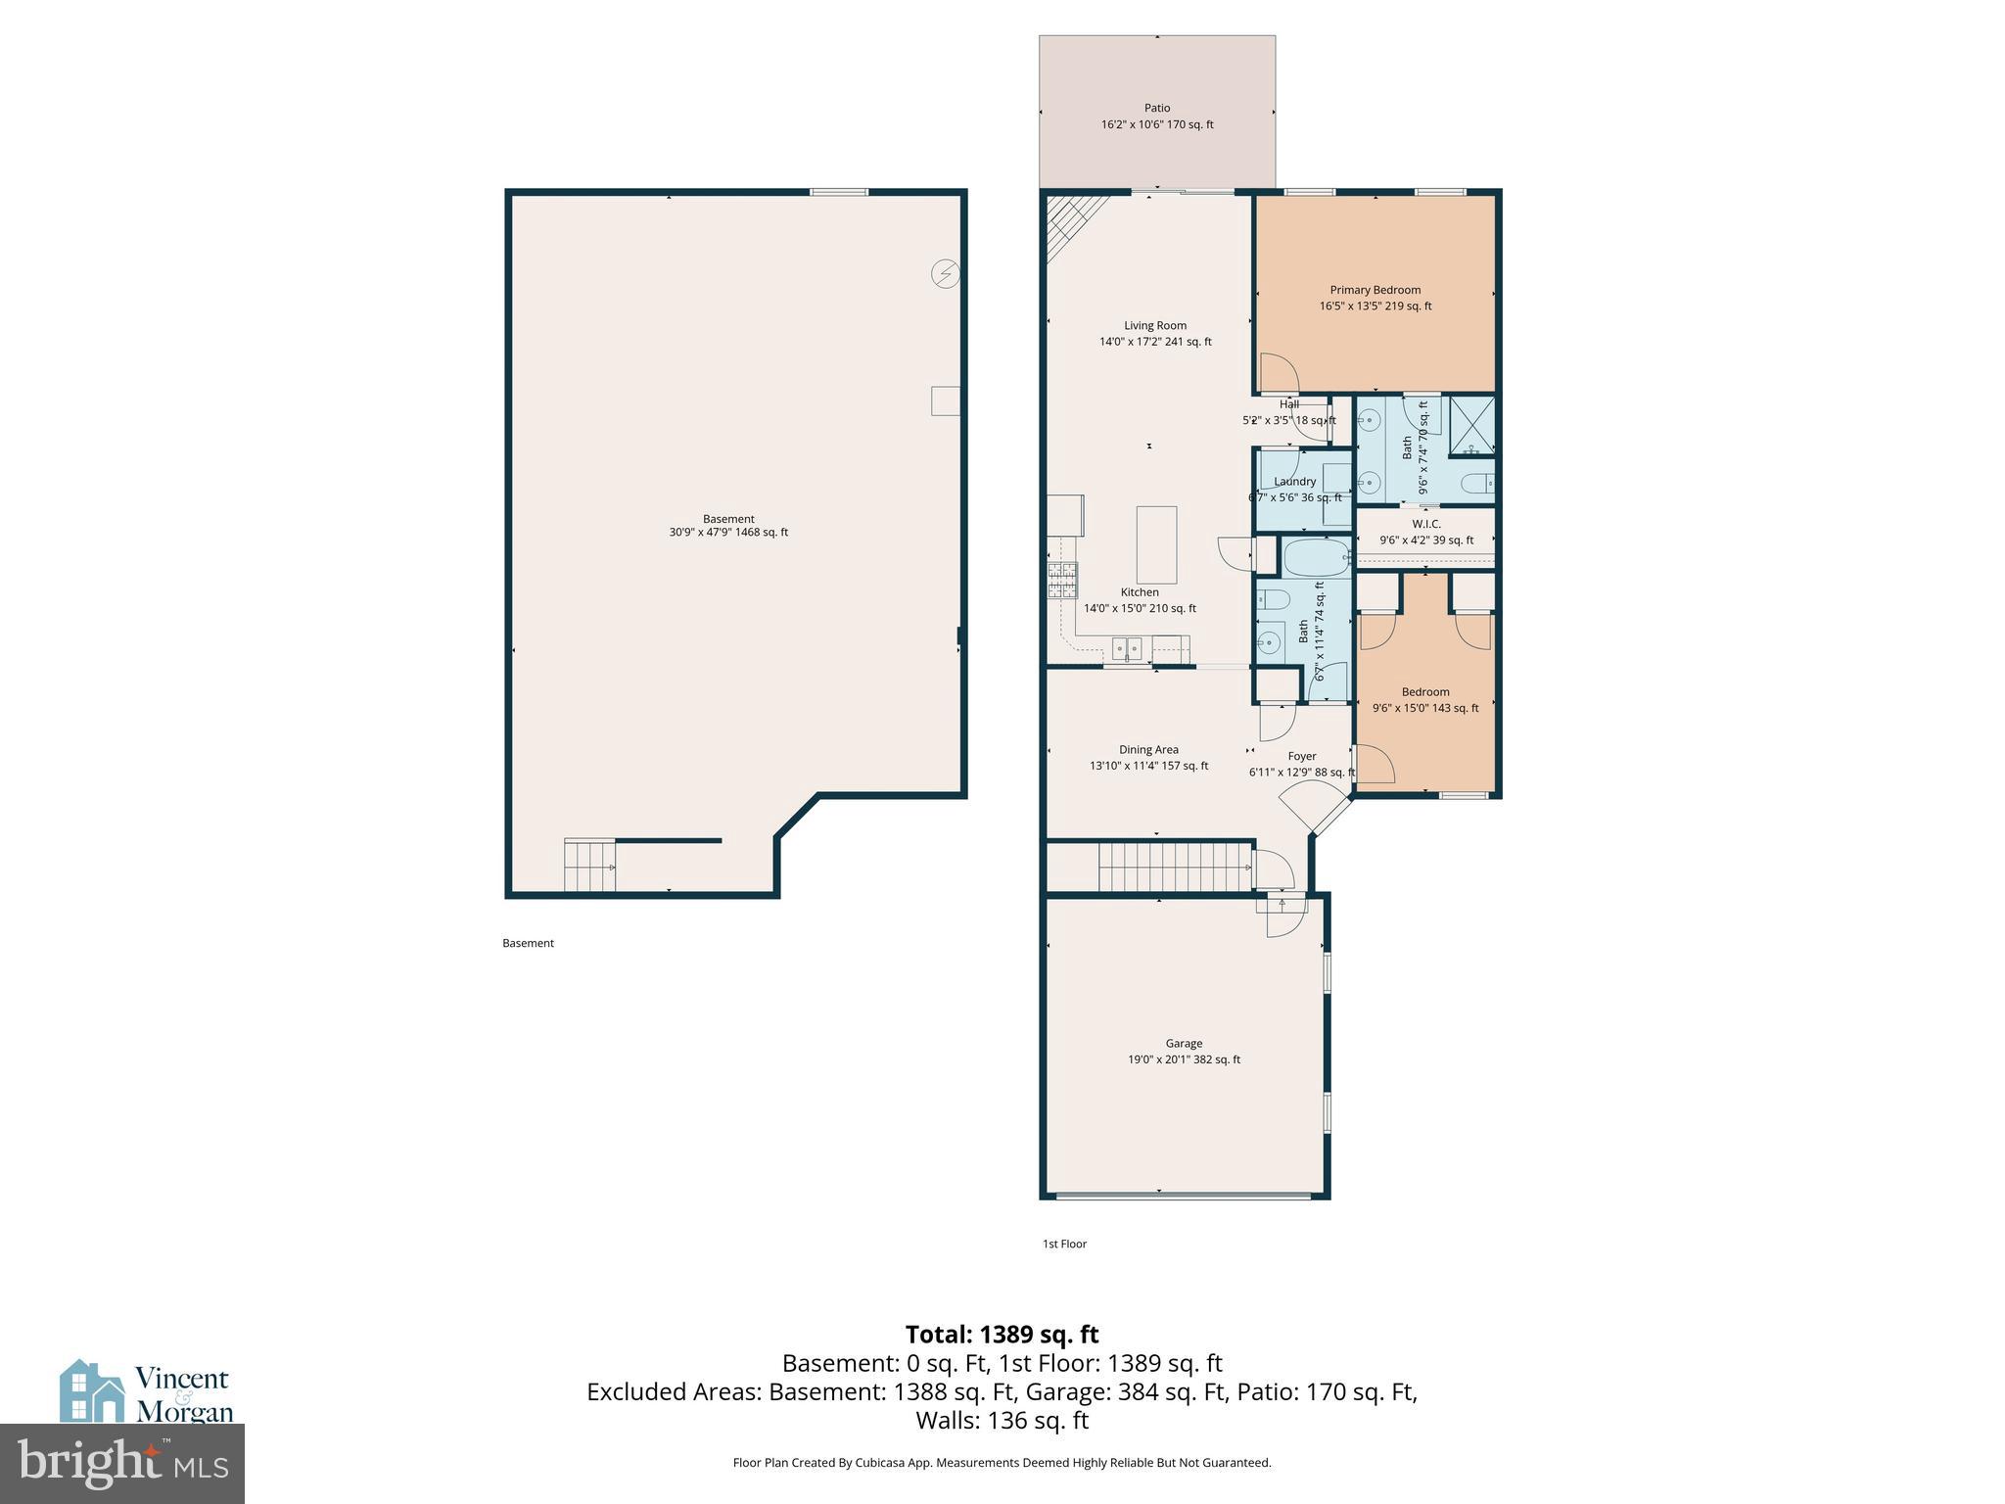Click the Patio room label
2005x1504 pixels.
[1156, 109]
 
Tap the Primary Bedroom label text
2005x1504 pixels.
[1375, 290]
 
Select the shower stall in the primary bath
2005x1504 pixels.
[1471, 425]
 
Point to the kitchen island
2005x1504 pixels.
[1156, 544]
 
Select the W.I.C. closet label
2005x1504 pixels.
[1425, 525]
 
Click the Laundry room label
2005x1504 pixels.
[1294, 482]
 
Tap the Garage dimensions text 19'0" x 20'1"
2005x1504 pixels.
[1184, 1059]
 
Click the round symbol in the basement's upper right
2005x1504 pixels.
[945, 273]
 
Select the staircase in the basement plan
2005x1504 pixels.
[589, 866]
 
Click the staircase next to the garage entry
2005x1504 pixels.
[1175, 867]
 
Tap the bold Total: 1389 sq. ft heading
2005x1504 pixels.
[1002, 1335]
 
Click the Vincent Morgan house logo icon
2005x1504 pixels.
[92, 1391]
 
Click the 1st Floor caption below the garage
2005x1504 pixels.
[1064, 1245]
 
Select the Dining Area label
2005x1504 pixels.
[1148, 750]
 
